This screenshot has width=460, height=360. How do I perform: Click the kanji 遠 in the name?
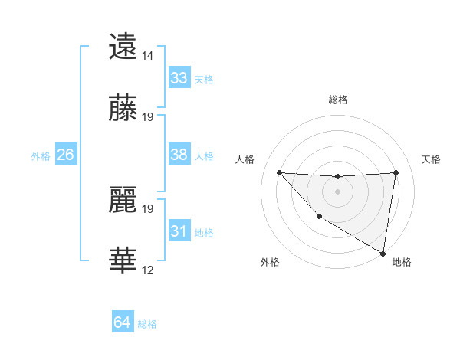click(123, 47)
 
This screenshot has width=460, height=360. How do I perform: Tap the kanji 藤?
click(123, 110)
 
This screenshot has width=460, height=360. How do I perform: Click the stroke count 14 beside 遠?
click(148, 56)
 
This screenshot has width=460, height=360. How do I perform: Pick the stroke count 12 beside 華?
click(148, 270)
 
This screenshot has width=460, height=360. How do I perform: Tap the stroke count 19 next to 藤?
click(148, 117)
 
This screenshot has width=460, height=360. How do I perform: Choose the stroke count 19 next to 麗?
click(148, 208)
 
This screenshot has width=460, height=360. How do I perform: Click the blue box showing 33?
click(179, 78)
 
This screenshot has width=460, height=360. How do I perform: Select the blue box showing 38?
click(179, 155)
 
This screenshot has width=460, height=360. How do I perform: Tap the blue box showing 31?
click(179, 231)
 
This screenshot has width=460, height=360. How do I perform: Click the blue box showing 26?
click(65, 155)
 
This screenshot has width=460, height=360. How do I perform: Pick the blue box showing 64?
click(123, 322)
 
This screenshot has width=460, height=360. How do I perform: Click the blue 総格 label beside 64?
click(147, 324)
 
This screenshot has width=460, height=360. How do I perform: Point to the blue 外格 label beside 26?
click(41, 156)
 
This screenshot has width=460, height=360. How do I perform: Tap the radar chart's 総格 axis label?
click(338, 100)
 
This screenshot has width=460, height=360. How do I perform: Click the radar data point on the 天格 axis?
click(396, 172)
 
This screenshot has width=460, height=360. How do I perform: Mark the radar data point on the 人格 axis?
click(280, 172)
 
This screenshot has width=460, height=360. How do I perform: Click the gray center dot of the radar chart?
click(337, 191)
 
